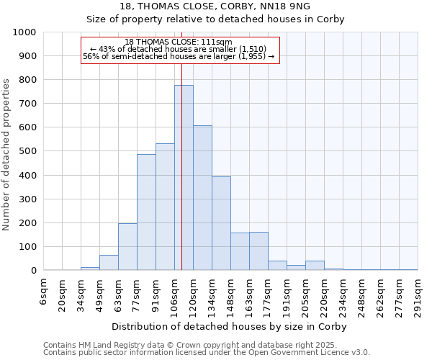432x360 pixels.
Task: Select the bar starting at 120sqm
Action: coord(202,198)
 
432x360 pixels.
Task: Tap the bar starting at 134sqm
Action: coord(221,223)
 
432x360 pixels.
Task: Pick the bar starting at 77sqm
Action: coord(146,212)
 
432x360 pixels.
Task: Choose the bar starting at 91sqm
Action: coord(165,207)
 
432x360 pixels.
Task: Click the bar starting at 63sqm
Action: coord(127,247)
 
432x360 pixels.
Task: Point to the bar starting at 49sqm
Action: coord(109,263)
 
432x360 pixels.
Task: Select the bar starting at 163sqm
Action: coord(258,251)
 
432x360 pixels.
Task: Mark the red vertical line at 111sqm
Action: coord(181,166)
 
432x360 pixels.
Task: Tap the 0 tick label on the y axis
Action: coord(33,271)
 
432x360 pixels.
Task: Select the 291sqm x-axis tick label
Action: coord(418,294)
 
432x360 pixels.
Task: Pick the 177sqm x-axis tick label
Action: coord(269,294)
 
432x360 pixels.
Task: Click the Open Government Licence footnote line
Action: coord(207,352)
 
